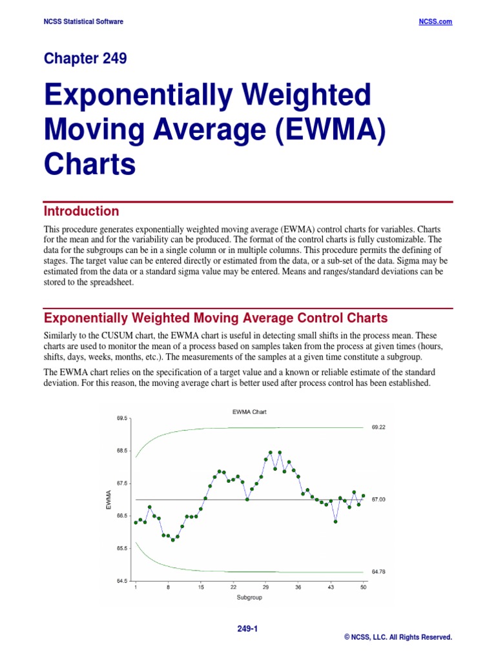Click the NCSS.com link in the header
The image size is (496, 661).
point(436,21)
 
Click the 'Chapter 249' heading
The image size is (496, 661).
point(85,59)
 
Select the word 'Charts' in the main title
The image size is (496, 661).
point(90,164)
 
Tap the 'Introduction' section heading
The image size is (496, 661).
point(81,211)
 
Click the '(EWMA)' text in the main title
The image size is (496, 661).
point(325,130)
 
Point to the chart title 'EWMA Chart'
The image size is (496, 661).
point(249,411)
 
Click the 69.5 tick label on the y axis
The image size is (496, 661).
point(122,418)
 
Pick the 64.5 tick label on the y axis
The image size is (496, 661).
point(122,581)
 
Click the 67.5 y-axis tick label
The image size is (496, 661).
point(122,483)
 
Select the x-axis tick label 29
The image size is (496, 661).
point(265,588)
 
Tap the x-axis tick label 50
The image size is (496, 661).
point(363,588)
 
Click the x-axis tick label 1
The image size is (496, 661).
point(136,588)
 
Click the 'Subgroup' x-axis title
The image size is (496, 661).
point(249,598)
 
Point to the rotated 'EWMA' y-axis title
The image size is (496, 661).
point(109,500)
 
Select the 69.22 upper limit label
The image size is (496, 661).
point(379,427)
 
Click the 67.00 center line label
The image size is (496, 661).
point(379,500)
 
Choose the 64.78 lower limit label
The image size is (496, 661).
point(379,572)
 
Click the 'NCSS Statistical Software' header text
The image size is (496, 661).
point(83,21)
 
